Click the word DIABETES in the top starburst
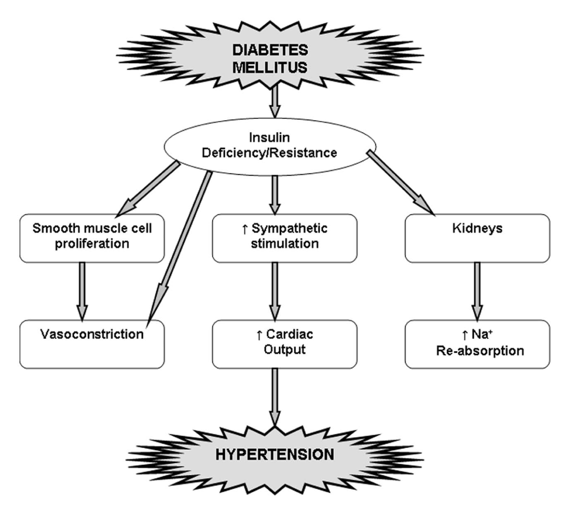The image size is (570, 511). (x=270, y=50)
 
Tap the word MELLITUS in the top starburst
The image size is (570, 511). (x=270, y=67)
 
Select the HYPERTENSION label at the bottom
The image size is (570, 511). (x=275, y=455)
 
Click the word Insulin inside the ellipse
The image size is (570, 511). (x=269, y=138)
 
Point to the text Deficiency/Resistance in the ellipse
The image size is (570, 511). (x=269, y=153)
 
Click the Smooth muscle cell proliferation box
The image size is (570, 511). (x=92, y=239)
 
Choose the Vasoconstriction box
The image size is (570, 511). (x=92, y=344)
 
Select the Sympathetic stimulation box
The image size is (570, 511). (x=285, y=239)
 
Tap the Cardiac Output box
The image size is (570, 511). (x=285, y=344)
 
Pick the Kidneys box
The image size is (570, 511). (x=477, y=239)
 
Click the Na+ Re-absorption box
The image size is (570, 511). (x=477, y=344)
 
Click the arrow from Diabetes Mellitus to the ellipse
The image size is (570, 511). (x=275, y=101)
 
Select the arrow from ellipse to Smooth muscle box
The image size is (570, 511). (x=148, y=189)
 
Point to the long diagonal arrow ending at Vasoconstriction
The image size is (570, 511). (x=179, y=250)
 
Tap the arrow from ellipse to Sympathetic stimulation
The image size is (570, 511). (x=275, y=195)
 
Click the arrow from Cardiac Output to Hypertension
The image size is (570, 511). (x=275, y=397)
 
